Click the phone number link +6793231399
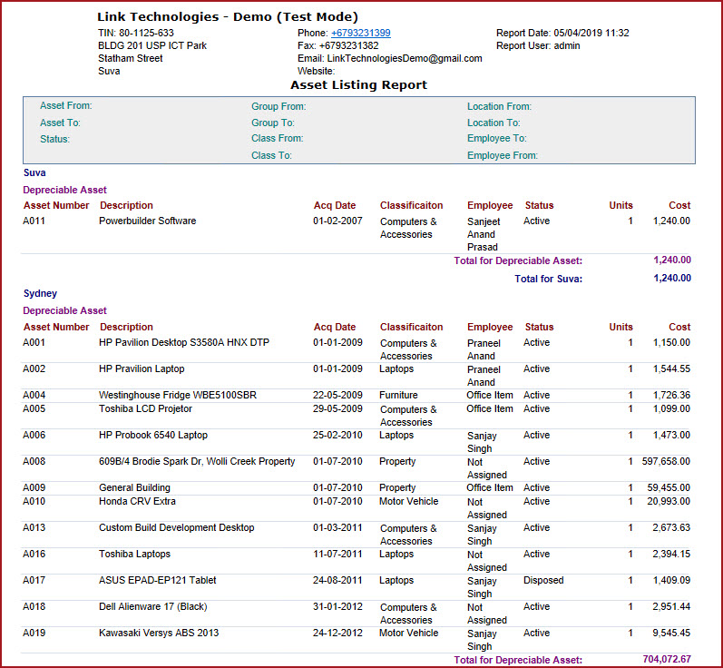click(x=360, y=33)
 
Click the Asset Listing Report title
click(x=358, y=84)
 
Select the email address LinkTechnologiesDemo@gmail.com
click(x=405, y=58)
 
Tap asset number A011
click(x=34, y=221)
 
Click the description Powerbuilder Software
click(x=147, y=221)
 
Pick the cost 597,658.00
click(x=668, y=461)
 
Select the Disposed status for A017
click(x=543, y=580)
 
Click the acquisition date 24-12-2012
click(x=337, y=633)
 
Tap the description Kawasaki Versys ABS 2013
click(x=159, y=633)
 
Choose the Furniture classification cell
click(x=399, y=395)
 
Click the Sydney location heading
click(x=40, y=293)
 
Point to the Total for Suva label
click(x=548, y=279)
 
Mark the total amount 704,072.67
click(x=661, y=660)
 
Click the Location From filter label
click(x=499, y=106)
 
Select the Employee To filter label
click(x=496, y=139)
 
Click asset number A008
click(x=34, y=461)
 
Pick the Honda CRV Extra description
click(x=138, y=501)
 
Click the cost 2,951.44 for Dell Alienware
click(x=670, y=606)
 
